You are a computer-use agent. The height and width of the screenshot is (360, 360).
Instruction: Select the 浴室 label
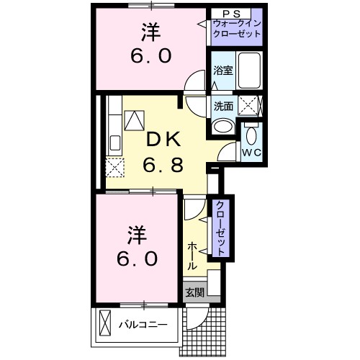pos(222,71)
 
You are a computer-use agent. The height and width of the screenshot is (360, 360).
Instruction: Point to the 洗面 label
pos(222,105)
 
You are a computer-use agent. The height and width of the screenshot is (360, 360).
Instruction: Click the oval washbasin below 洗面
pos(223,127)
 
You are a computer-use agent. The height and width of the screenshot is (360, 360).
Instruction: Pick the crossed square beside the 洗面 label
pos(248,105)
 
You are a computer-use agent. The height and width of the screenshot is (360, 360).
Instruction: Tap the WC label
pos(251,153)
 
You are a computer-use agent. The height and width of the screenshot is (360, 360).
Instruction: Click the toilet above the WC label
pos(251,134)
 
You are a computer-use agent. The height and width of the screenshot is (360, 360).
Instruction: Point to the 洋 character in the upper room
pos(149,32)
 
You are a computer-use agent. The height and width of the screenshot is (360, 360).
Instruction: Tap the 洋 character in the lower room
pos(137,233)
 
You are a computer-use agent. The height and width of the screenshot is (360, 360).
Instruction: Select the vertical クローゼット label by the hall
pos(220,229)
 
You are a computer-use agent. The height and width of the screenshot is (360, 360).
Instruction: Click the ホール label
pos(193,256)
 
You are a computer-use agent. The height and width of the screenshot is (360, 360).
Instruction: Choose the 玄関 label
pos(194,292)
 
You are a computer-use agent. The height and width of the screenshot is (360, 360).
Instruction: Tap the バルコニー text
pos(143,325)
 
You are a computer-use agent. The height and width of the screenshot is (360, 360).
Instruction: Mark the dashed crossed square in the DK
pos(114,168)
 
